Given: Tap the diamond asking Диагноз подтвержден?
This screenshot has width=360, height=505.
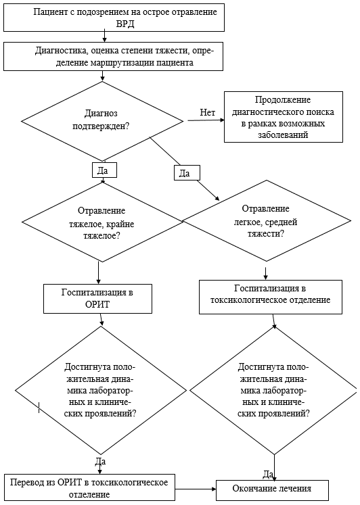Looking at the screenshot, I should click(x=102, y=120).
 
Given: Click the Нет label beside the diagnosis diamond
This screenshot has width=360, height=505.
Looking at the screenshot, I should click(x=208, y=112).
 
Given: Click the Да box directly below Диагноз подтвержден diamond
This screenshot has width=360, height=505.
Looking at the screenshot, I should click(x=103, y=170).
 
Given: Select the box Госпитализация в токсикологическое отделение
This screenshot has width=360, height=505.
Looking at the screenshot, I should click(x=265, y=295).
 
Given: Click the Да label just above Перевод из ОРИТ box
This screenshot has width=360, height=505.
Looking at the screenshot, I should click(x=101, y=462).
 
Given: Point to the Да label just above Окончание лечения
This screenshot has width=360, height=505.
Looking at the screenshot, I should click(x=268, y=473).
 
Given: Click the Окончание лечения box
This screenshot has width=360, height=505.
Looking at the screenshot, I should click(x=272, y=489).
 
